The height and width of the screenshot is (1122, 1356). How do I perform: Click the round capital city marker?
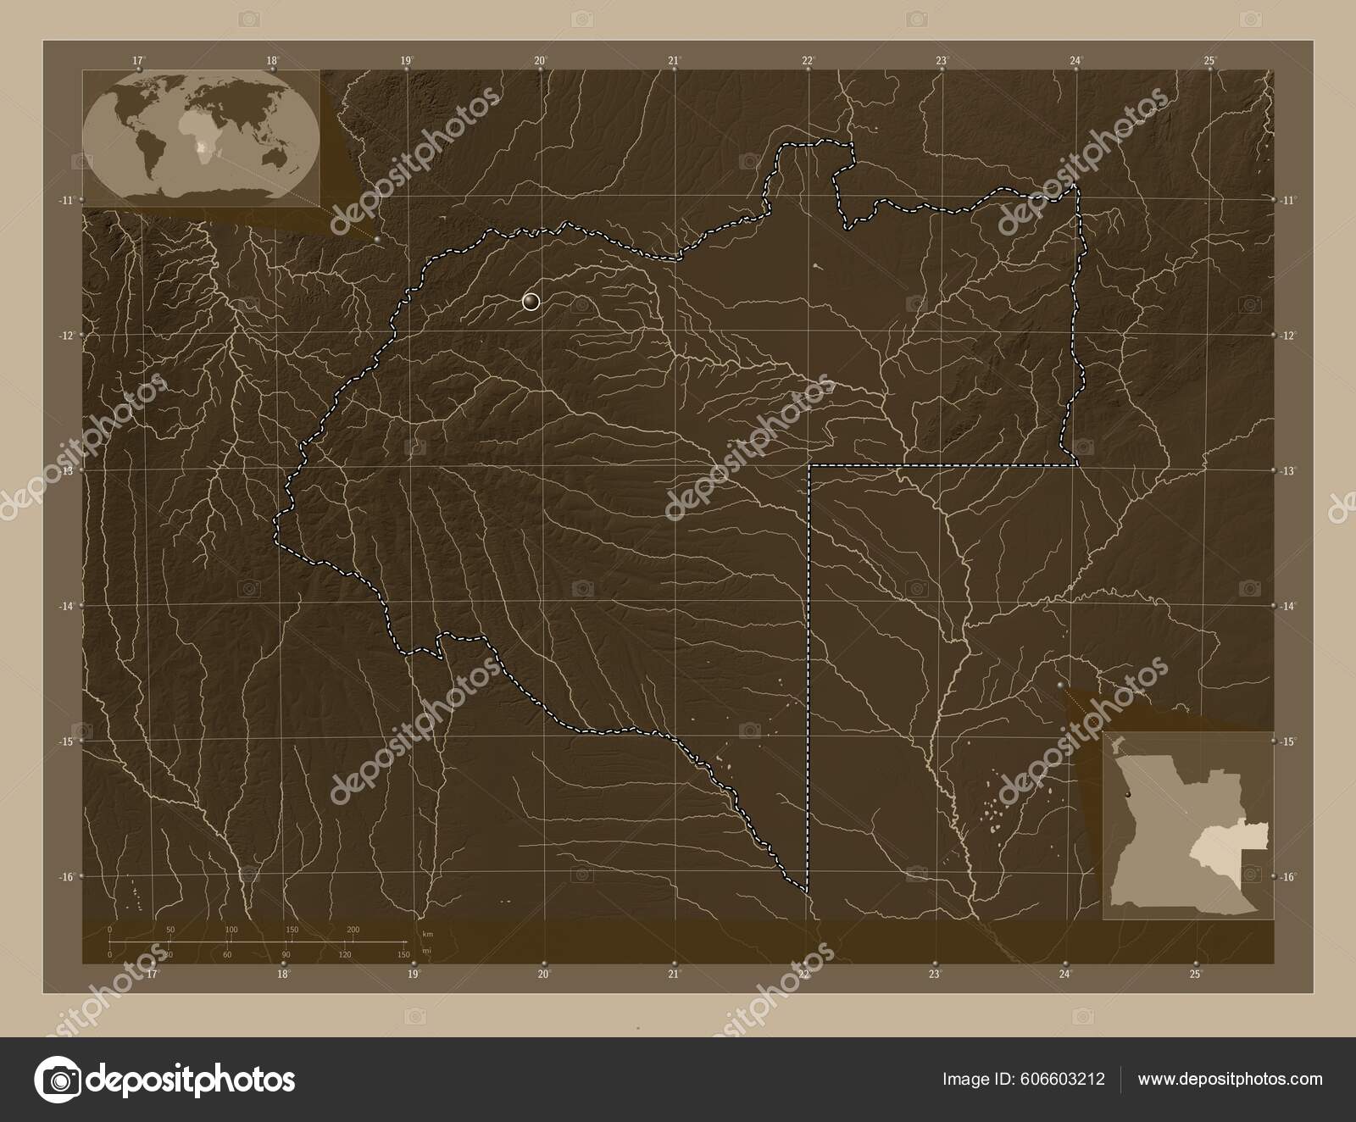531,302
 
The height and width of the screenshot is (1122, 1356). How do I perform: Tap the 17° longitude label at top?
138,60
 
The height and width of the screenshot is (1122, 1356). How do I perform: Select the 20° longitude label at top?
541,60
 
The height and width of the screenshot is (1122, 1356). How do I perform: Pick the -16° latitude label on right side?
1288,877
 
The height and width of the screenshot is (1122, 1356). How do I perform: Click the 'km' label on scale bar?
428,933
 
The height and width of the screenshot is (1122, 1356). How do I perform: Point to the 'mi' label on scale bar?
427,951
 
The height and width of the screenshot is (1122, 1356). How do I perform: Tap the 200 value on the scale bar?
353,930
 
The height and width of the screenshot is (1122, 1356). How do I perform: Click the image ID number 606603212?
1064,1079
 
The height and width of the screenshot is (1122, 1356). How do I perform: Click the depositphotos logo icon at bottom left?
57,1079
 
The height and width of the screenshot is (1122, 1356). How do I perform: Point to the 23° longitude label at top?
942,60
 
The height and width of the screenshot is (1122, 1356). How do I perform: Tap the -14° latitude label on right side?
1288,607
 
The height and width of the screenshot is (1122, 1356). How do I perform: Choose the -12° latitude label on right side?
1288,336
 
